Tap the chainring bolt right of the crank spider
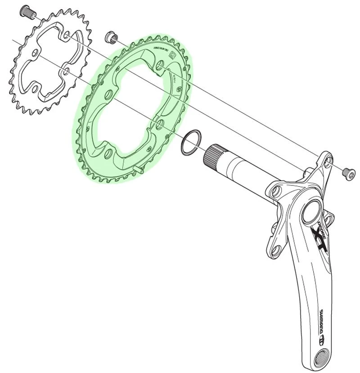tap(347, 171)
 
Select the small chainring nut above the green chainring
tap(109, 37)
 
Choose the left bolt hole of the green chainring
tap(108, 94)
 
